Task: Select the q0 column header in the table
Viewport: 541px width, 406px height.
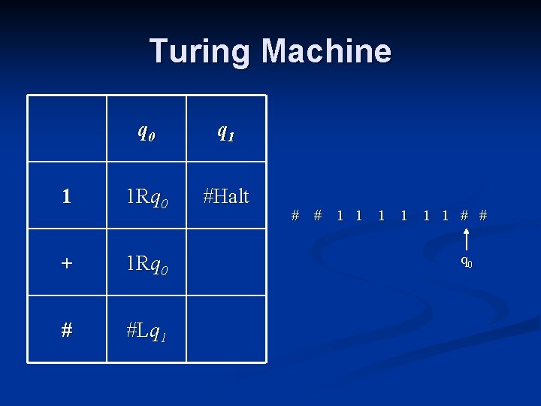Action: tap(147, 131)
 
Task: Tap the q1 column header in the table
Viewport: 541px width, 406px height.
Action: tap(226, 131)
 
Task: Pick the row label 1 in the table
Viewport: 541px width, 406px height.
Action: tap(67, 196)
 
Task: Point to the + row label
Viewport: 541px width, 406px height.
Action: tap(67, 263)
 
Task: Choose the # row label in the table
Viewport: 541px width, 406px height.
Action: tap(67, 330)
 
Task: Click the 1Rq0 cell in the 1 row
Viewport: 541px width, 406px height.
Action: tap(147, 197)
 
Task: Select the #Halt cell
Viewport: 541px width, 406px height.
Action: tap(226, 195)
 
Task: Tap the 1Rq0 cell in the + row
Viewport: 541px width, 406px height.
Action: tap(147, 264)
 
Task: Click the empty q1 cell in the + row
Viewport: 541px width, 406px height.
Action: tap(226, 262)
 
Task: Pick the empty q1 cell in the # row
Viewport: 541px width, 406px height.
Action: tap(226, 329)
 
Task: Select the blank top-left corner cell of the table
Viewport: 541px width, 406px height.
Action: tap(67, 129)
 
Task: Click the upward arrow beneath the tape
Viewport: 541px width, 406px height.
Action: tap(467, 240)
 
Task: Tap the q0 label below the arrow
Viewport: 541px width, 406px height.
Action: tap(467, 262)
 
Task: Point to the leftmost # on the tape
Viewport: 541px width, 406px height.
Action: tap(295, 216)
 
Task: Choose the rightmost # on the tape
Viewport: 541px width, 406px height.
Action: tap(483, 216)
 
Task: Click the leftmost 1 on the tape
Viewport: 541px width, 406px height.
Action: tap(340, 216)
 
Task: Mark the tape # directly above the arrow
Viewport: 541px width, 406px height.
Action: tap(465, 216)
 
